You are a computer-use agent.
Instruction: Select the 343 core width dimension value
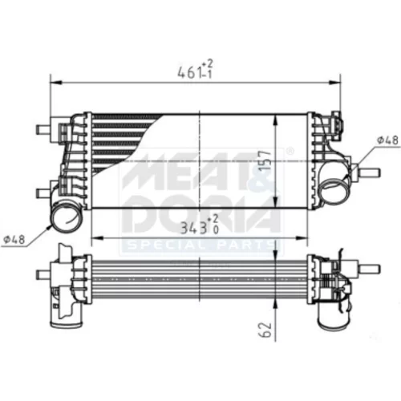tap(194, 229)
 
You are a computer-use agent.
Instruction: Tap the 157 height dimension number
tap(265, 161)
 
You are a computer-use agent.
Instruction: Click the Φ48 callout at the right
tap(387, 140)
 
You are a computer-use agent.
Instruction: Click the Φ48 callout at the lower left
tap(14, 240)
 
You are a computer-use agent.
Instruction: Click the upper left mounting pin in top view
tap(43, 129)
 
